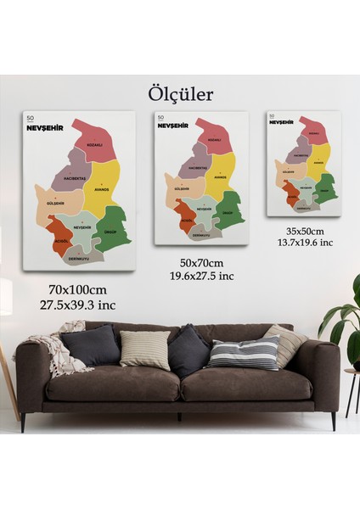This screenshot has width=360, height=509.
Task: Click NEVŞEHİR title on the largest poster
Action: (48, 128)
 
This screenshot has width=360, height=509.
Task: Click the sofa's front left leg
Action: (23, 421)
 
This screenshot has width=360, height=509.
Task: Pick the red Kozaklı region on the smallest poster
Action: (313, 132)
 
